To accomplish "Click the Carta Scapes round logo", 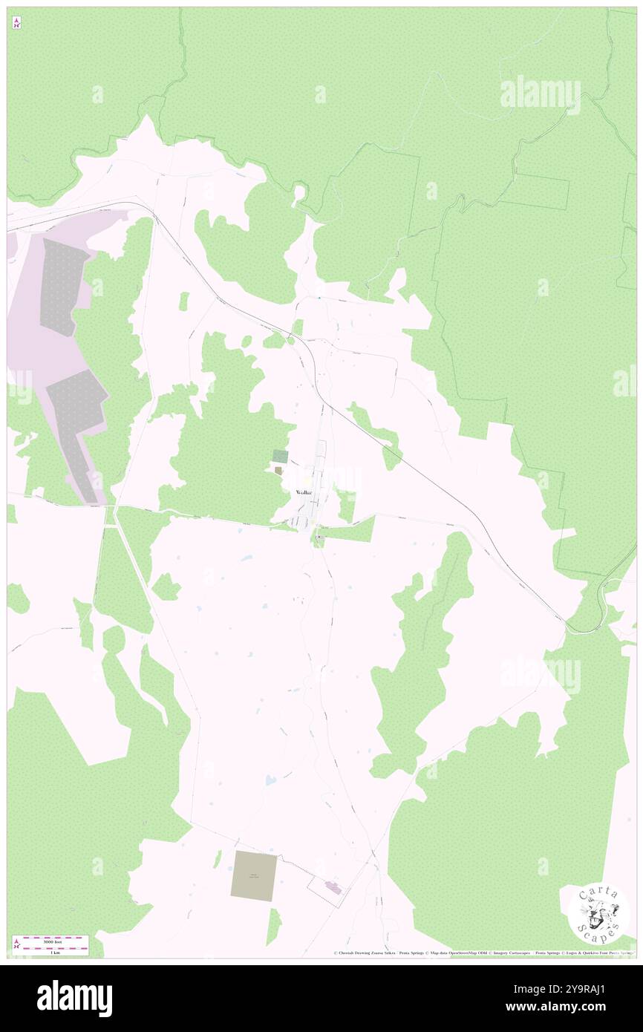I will pyautogui.click(x=598, y=914).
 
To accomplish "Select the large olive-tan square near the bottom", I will pyautogui.click(x=254, y=876).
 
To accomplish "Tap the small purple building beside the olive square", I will pyautogui.click(x=332, y=886).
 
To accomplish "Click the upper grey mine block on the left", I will pyautogui.click(x=64, y=286).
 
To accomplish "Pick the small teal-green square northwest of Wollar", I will pyautogui.click(x=281, y=456).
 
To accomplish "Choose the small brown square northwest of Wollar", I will pyautogui.click(x=278, y=470).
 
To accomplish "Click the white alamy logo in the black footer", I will pyautogui.click(x=74, y=999).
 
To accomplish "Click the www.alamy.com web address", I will pyautogui.click(x=579, y=1007).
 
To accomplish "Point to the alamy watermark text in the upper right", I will pyautogui.click(x=540, y=94).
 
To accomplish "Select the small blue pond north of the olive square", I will pyautogui.click(x=270, y=780).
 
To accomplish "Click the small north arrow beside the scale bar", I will pyautogui.click(x=16, y=945).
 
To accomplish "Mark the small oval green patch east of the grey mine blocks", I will pyautogui.click(x=183, y=301).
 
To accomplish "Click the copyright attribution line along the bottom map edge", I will pyautogui.click(x=483, y=953).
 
